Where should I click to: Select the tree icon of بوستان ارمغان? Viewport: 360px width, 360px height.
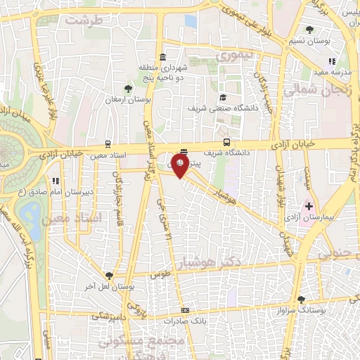(x=127, y=89)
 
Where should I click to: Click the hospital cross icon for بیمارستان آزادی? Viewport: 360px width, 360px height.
(x=307, y=206)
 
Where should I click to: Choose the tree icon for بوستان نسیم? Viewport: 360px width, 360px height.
(x=310, y=30)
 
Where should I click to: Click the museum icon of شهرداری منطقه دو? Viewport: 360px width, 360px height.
(x=162, y=57)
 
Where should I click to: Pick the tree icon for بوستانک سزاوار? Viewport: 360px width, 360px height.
(x=301, y=299)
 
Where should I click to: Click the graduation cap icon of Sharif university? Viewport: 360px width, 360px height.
(x=223, y=98)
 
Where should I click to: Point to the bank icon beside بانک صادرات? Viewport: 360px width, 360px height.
(x=185, y=310)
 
